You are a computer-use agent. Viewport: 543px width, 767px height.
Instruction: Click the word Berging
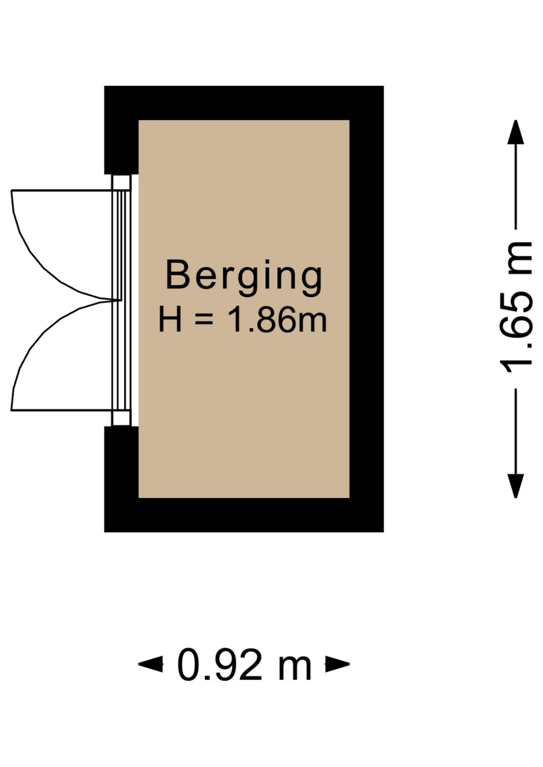tap(243, 278)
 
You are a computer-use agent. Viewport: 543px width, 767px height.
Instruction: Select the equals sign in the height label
tap(204, 321)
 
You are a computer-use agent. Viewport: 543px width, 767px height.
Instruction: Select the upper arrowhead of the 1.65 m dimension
tap(516, 132)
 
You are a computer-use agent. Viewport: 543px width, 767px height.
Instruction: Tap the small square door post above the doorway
tap(122, 182)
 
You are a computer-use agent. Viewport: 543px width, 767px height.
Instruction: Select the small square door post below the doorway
tap(122, 418)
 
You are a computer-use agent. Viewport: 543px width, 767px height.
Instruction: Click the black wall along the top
tap(244, 103)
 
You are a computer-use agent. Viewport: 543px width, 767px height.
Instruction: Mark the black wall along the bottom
tap(244, 515)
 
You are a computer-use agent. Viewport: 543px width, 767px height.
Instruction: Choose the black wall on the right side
tap(367, 309)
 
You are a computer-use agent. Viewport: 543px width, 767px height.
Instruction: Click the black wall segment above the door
tap(121, 147)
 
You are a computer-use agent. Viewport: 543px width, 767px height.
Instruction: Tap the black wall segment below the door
tap(121, 462)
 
